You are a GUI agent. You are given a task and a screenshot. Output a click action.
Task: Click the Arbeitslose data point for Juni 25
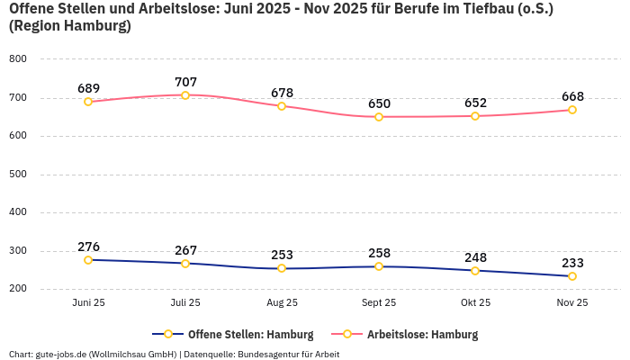pyautogui.click(x=88, y=102)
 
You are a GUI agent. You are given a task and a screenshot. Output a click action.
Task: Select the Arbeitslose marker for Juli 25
pyautogui.click(x=185, y=94)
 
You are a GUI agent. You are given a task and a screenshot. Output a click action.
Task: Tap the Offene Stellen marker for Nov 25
pyautogui.click(x=572, y=276)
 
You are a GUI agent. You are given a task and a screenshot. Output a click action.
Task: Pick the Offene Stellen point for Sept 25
pyautogui.click(x=379, y=266)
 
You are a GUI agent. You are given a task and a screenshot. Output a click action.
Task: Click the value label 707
pyautogui.click(x=185, y=82)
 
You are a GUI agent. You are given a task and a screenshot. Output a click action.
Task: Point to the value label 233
pyautogui.click(x=572, y=263)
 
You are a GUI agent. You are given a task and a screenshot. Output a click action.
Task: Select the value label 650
pyautogui.click(x=379, y=103)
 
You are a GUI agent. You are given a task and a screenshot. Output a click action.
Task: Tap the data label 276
pyautogui.click(x=88, y=247)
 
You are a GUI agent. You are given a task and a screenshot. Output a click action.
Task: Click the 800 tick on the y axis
pyautogui.click(x=18, y=59)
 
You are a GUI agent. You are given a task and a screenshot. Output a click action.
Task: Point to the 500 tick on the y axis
pyautogui.click(x=18, y=175)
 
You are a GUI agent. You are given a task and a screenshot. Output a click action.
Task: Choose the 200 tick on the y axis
pyautogui.click(x=18, y=289)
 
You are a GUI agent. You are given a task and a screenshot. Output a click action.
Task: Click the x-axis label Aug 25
pyautogui.click(x=282, y=303)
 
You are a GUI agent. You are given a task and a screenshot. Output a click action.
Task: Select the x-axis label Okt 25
pyautogui.click(x=475, y=303)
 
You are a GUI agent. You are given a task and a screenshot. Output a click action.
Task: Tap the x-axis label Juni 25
pyautogui.click(x=88, y=303)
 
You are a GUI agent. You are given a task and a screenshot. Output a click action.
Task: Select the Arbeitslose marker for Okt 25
pyautogui.click(x=475, y=116)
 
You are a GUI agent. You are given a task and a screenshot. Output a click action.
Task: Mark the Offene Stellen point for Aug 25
pyautogui.click(x=282, y=268)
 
